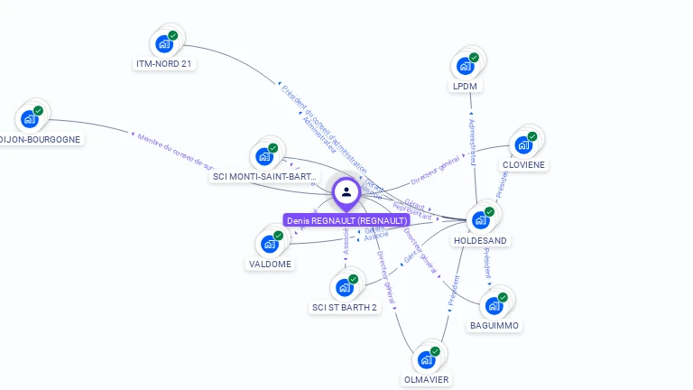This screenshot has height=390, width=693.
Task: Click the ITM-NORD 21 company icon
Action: click(x=164, y=43)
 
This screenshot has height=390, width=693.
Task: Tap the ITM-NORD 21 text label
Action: click(x=164, y=63)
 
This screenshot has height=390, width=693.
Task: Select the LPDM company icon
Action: click(x=466, y=65)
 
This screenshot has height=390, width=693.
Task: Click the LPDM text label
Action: click(x=465, y=86)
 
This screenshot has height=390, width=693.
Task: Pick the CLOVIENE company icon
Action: click(x=523, y=144)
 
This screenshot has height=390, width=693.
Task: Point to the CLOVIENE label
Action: click(x=524, y=165)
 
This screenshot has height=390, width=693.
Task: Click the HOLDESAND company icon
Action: click(x=481, y=219)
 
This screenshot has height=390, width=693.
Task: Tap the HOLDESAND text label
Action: click(x=480, y=240)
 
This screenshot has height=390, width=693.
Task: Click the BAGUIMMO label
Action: click(x=494, y=325)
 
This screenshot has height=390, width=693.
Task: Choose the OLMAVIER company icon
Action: click(x=427, y=359)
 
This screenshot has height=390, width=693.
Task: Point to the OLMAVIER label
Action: click(x=426, y=379)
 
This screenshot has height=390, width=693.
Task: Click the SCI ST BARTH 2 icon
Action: click(x=345, y=287)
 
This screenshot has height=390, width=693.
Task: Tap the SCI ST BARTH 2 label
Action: click(x=345, y=307)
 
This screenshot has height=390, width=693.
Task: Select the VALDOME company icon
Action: click(x=270, y=244)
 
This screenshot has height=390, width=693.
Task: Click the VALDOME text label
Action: click(x=270, y=264)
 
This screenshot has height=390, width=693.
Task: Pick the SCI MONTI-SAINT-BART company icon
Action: click(x=264, y=156)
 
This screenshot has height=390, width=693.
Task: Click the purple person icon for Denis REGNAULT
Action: click(x=346, y=192)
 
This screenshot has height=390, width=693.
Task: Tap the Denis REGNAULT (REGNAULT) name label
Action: click(x=346, y=220)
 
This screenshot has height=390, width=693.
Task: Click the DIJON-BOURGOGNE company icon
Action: click(x=30, y=119)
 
